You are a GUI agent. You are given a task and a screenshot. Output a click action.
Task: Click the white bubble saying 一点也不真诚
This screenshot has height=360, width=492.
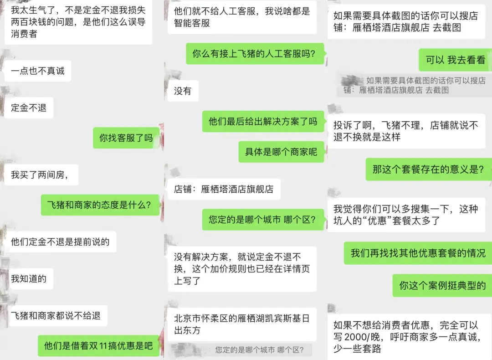[38, 71]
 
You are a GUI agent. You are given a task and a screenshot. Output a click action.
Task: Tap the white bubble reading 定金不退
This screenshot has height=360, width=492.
[29, 108]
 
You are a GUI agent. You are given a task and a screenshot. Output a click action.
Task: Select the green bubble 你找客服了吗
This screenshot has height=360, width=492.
[126, 138]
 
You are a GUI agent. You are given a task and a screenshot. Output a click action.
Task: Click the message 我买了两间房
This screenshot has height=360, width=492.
[41, 175]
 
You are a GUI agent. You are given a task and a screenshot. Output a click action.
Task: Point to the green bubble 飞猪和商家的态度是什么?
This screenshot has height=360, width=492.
[100, 205]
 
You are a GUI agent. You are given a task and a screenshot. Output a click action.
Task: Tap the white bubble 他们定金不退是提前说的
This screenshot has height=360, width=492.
[60, 242]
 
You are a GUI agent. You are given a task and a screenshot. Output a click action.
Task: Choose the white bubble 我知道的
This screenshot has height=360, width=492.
[29, 279]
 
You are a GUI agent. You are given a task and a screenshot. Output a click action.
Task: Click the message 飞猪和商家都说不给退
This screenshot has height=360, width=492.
[56, 315]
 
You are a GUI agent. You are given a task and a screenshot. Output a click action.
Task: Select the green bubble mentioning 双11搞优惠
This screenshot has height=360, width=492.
[98, 345]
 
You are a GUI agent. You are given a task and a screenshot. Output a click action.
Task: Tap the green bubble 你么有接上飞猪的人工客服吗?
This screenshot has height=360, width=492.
[255, 54]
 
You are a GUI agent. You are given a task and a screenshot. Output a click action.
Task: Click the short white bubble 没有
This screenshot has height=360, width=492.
[183, 91]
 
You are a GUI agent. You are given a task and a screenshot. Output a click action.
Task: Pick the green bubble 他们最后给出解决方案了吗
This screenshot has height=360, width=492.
[263, 122]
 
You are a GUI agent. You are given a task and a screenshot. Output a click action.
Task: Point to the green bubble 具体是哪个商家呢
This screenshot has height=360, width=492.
[281, 152]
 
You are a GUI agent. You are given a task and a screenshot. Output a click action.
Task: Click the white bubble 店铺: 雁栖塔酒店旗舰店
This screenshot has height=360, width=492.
[224, 189]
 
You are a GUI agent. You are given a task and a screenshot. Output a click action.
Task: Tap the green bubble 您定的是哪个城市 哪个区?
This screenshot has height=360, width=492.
[263, 219]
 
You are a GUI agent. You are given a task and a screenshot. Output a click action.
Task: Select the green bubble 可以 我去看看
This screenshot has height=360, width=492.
[455, 60]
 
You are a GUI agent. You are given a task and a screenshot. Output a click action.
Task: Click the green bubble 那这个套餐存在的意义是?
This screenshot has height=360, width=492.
[429, 170]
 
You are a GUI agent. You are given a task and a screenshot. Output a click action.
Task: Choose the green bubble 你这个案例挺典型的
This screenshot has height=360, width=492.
[442, 286]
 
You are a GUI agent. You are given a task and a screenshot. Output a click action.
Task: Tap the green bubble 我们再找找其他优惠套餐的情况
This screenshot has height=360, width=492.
[418, 253]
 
